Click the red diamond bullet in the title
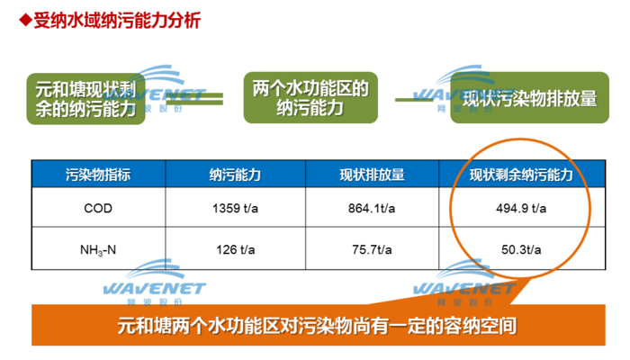(x=25, y=20)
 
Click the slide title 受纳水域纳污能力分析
(x=117, y=21)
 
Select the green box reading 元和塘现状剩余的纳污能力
(x=85, y=99)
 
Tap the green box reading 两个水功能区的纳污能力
(x=310, y=97)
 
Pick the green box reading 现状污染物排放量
(x=529, y=97)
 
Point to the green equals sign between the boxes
(x=194, y=99)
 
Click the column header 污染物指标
(x=98, y=175)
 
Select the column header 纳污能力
(x=235, y=175)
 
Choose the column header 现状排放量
(x=372, y=175)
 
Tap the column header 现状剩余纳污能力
(x=521, y=175)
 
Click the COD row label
(x=98, y=208)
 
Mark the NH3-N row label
(x=98, y=250)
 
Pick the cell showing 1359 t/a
(x=235, y=208)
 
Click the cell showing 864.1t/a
(x=372, y=208)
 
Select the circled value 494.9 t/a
(x=521, y=208)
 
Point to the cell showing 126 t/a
(x=236, y=249)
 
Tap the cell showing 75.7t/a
(x=372, y=249)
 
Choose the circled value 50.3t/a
(x=521, y=249)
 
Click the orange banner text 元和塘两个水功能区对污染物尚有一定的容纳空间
(x=317, y=326)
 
